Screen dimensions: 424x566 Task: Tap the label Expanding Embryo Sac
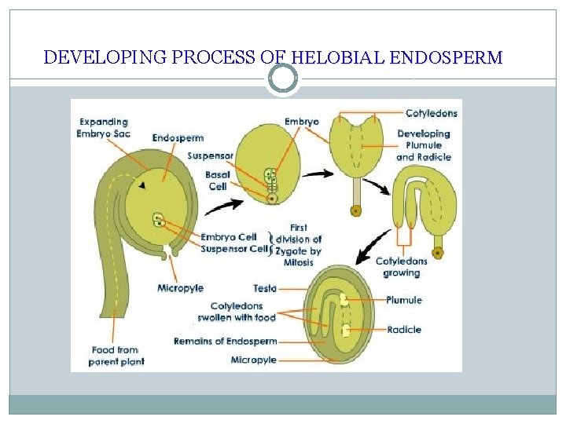tap(104, 127)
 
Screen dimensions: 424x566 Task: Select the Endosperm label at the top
tap(178, 138)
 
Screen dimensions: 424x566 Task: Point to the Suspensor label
tap(211, 155)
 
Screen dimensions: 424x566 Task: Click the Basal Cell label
tap(217, 180)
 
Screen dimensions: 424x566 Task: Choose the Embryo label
tap(302, 122)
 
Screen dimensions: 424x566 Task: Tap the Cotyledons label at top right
tap(431, 113)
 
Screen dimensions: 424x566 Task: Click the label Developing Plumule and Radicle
tap(423, 145)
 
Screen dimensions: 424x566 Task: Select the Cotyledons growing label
tap(401, 267)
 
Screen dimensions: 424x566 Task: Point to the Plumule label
tap(404, 300)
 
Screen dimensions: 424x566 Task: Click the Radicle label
tap(404, 330)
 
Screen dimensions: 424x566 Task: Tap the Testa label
tap(264, 289)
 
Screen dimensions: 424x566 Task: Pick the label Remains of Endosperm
tap(225, 342)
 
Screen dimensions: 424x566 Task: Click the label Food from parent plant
tap(116, 356)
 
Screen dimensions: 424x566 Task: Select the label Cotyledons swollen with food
tap(236, 312)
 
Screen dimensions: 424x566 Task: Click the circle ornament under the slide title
tap(283, 79)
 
